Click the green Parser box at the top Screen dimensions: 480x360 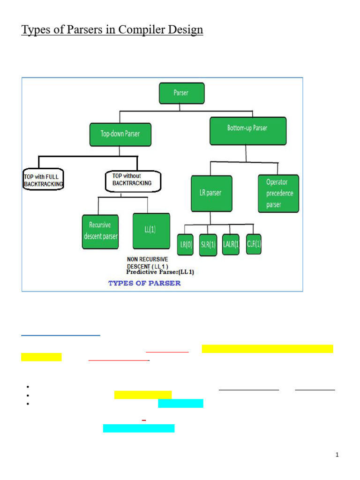[181, 93]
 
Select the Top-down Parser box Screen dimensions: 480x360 [120, 134]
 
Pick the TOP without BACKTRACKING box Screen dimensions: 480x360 [133, 180]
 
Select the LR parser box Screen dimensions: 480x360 [211, 193]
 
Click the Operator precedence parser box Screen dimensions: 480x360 [278, 193]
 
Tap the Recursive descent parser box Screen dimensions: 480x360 [101, 231]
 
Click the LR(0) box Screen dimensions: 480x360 [185, 244]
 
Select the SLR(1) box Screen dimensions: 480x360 [208, 244]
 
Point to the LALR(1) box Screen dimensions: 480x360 [231, 244]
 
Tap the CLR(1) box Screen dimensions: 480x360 [254, 244]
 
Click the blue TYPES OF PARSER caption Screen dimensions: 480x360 [144, 283]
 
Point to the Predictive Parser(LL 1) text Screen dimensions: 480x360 [160, 272]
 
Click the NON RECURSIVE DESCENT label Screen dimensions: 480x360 [148, 262]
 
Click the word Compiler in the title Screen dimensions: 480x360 [146, 30]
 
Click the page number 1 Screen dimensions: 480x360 [337, 455]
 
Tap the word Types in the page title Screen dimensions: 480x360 [35, 30]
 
